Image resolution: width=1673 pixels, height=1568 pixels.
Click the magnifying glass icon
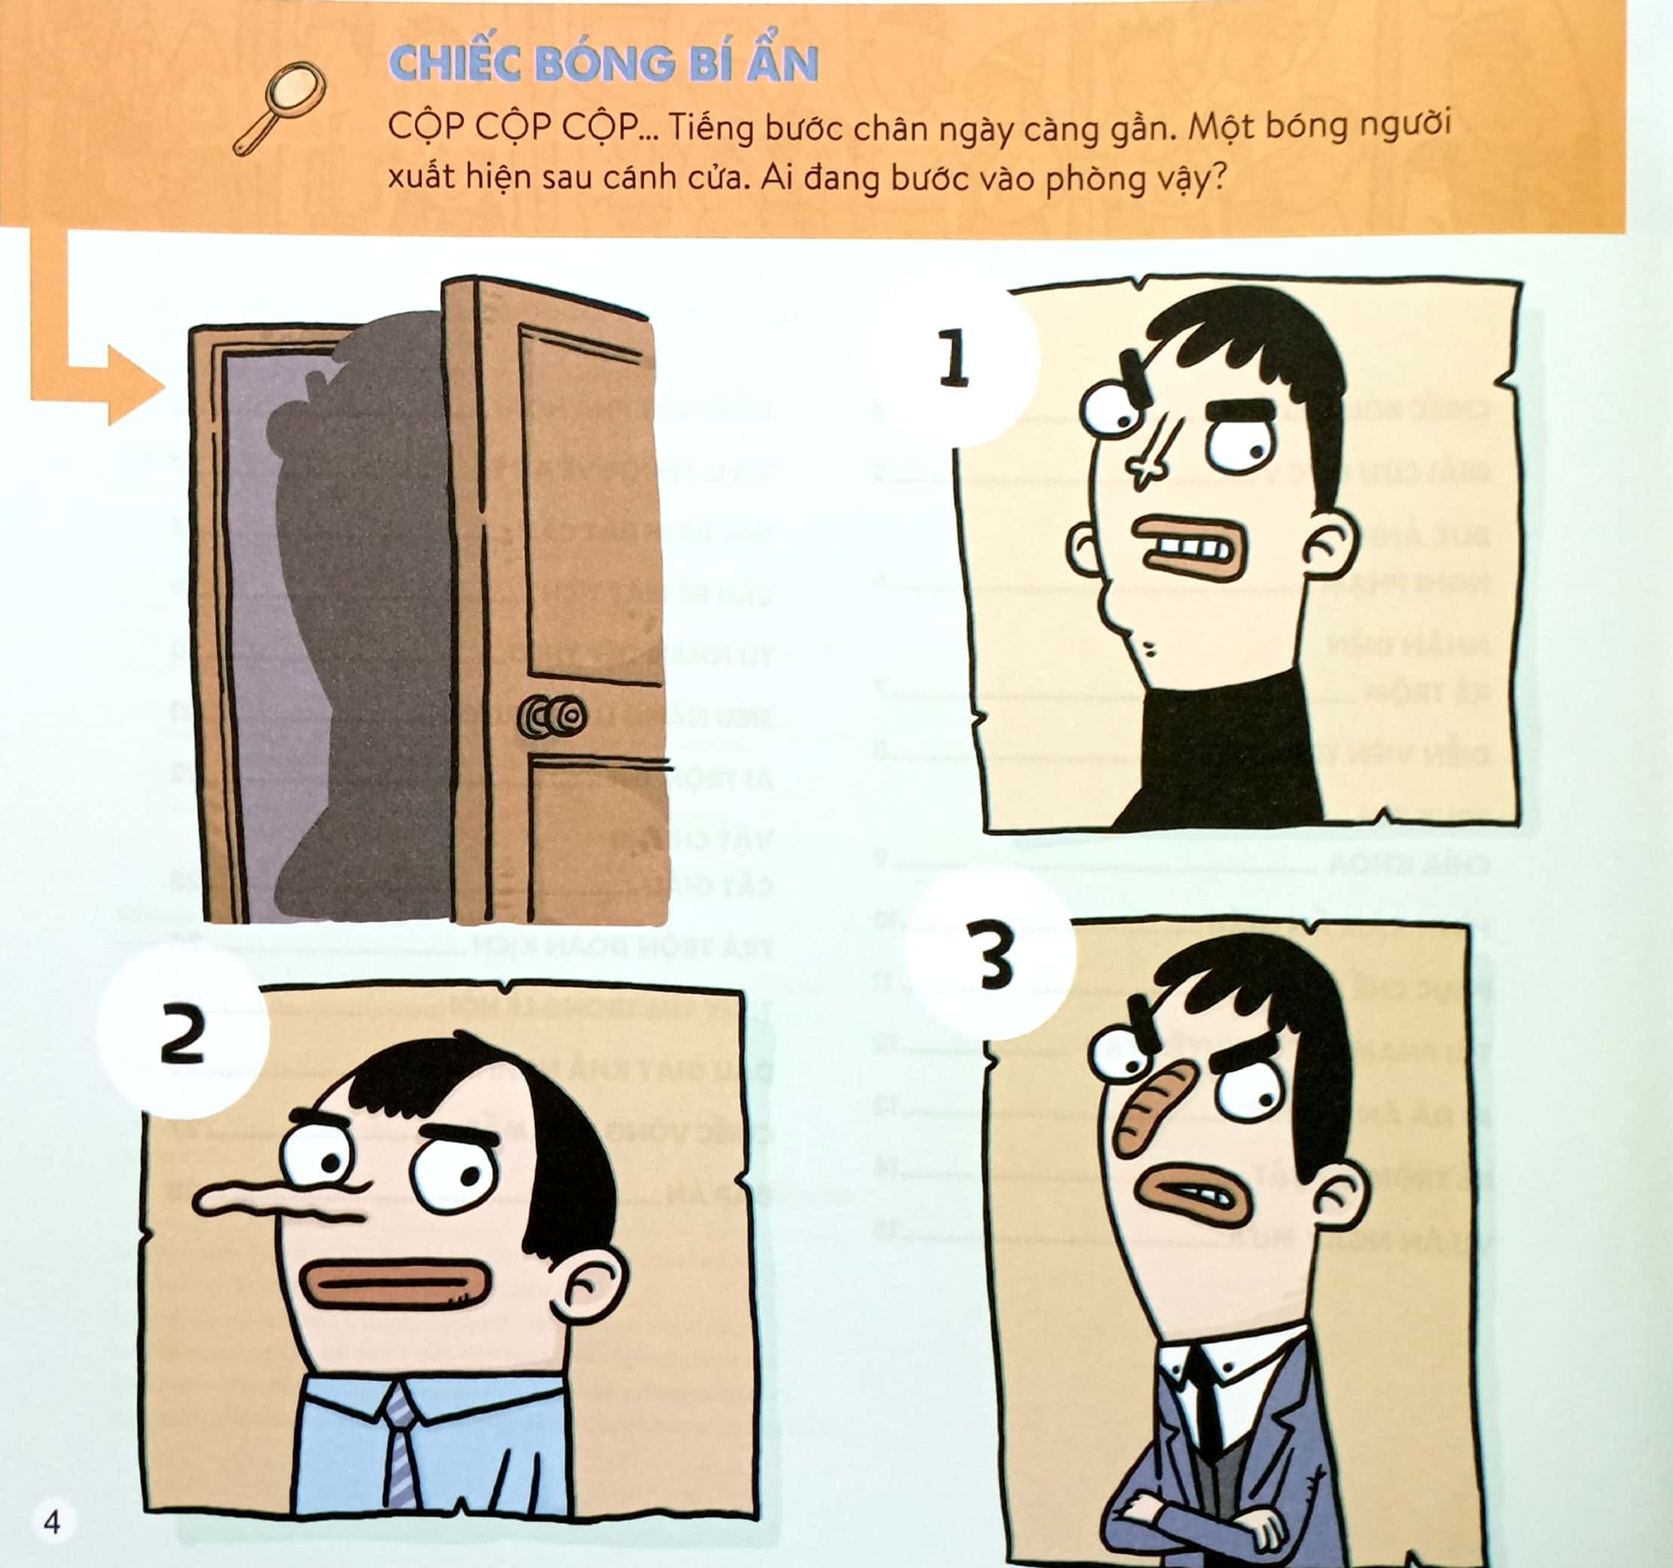(x=281, y=107)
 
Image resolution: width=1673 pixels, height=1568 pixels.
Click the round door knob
(x=552, y=716)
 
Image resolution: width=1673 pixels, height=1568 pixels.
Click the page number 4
(x=52, y=1521)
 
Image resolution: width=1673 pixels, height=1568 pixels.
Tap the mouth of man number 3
(x=1195, y=1195)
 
